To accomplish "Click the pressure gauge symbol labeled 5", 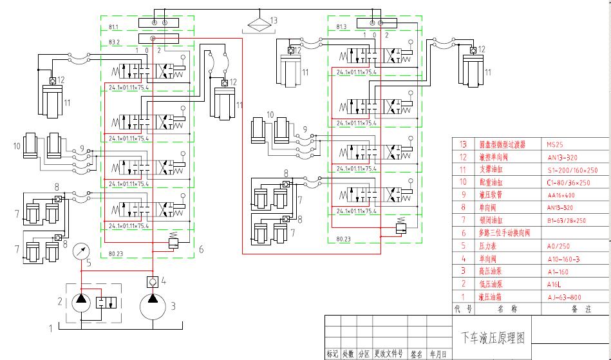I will tap(82, 251).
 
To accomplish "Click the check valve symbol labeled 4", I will tap(152, 281).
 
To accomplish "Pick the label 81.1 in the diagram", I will tap(114, 28).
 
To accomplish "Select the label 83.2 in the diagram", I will tap(114, 42).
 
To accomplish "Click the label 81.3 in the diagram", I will tap(341, 27).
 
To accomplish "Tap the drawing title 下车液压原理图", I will tap(493, 337).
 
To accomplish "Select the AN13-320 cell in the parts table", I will tap(562, 157).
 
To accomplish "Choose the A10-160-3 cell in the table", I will tap(563, 259).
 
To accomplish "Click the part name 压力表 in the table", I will tap(487, 246).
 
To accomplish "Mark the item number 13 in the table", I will tap(463, 145).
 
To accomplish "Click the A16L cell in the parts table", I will tap(554, 284).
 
